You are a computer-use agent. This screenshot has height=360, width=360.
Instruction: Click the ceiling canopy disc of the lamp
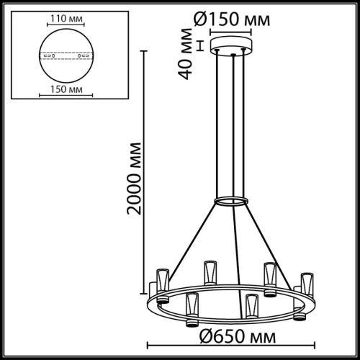point(231,50)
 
